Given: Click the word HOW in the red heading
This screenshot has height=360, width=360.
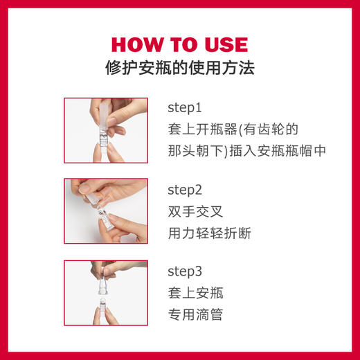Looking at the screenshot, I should point(136,45).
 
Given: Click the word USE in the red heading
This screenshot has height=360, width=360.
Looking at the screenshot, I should point(222,45).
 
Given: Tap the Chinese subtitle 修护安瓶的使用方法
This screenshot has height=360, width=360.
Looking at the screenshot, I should point(179,69).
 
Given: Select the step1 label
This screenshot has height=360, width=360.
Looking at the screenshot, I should point(184,109).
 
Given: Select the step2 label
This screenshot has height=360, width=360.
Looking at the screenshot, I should point(184,190).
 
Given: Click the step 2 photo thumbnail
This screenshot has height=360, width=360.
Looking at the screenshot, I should point(105,211).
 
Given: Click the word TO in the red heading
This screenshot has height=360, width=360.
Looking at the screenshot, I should point(180,45).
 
